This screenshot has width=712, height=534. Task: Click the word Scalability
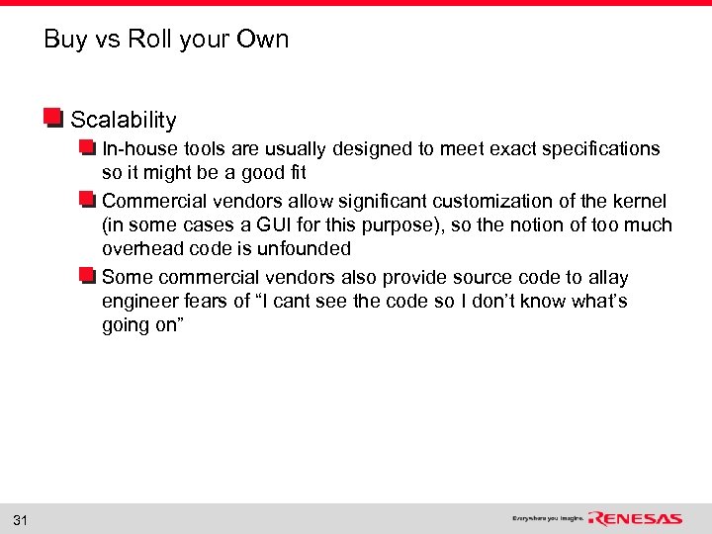pyautogui.click(x=124, y=121)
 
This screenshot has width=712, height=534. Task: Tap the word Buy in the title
pyautogui.click(x=65, y=40)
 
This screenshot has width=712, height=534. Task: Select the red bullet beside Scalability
pyautogui.click(x=53, y=119)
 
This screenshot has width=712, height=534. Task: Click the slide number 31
pyautogui.click(x=22, y=519)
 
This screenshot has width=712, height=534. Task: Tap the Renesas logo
pyautogui.click(x=636, y=518)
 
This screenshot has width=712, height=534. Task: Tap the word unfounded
pyautogui.click(x=306, y=249)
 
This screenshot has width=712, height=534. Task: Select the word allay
pyautogui.click(x=607, y=278)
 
